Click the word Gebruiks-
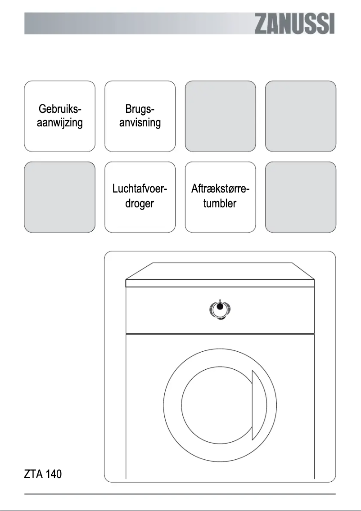(60, 109)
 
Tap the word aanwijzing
(60, 123)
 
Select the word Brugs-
(140, 109)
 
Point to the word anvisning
(140, 123)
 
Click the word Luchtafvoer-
(140, 190)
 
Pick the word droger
(140, 203)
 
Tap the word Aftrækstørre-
(220, 190)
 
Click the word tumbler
(220, 203)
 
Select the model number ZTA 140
(43, 474)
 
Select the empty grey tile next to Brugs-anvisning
(220, 116)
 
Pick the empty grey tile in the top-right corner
(301, 116)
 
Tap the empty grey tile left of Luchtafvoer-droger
(60, 197)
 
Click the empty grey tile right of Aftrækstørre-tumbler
(301, 197)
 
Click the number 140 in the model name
(53, 474)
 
